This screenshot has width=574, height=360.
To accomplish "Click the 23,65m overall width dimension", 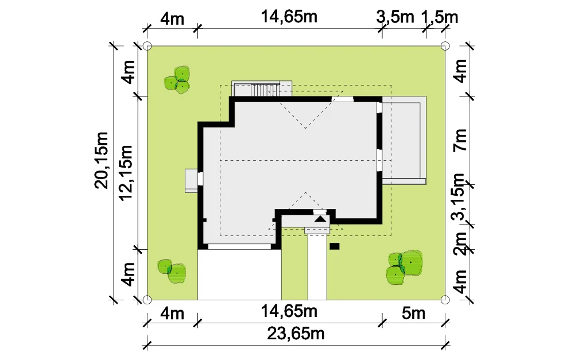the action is (x=296, y=334).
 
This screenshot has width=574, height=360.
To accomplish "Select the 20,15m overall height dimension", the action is (x=102, y=160).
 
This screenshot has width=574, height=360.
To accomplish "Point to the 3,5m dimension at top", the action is (x=395, y=17).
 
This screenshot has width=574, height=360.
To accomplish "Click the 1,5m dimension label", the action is (x=440, y=17).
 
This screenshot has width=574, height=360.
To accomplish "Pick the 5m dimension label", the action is (x=414, y=313).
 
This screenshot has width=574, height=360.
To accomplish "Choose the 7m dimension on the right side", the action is (x=460, y=140).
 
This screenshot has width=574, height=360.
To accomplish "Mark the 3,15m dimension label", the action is (x=458, y=197).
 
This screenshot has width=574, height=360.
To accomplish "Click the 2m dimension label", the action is (x=460, y=243).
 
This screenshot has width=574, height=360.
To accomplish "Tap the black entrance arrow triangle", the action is (x=320, y=219).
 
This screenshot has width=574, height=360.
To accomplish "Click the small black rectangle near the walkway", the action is (x=335, y=246).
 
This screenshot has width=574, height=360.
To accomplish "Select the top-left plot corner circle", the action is (x=147, y=46).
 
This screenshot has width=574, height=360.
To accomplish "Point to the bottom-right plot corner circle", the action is (x=445, y=300).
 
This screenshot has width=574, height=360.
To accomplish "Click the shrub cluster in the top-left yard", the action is (x=177, y=80).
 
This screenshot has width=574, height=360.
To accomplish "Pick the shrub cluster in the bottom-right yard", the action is (x=404, y=268).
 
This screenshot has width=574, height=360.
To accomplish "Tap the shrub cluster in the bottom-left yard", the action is (x=172, y=272).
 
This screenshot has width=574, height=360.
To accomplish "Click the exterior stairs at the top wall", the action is (x=262, y=89).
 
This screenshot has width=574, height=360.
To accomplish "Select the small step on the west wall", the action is (x=191, y=180).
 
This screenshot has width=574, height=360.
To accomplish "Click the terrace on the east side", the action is (x=404, y=140).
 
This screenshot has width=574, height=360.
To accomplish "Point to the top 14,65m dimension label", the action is (x=289, y=17).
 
